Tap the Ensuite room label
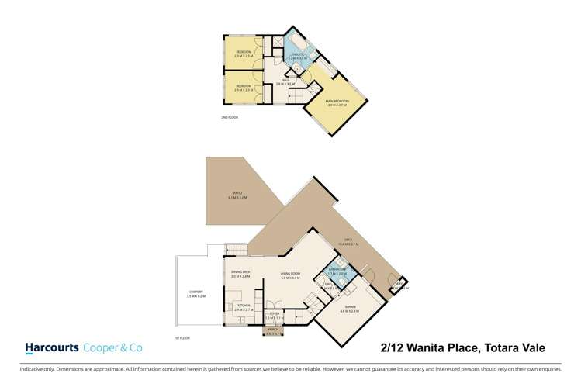[293, 55]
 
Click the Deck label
[340, 241]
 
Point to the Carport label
[195, 293]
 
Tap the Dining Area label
[240, 273]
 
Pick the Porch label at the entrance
[273, 330]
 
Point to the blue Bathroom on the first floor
[336, 271]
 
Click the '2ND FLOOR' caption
[228, 118]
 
